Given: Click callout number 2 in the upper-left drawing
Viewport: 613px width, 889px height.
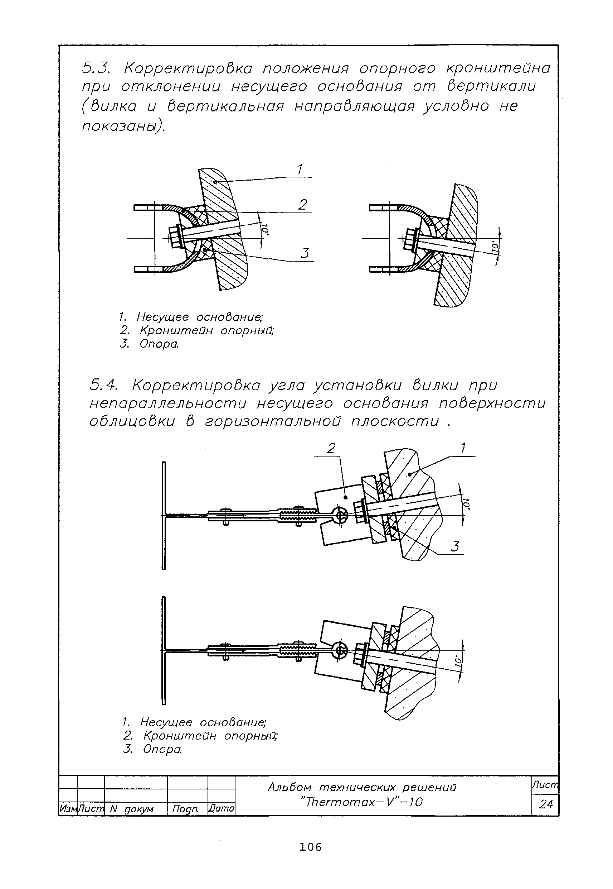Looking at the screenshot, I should [303, 205].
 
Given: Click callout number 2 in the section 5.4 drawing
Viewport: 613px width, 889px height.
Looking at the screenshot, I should [331, 448].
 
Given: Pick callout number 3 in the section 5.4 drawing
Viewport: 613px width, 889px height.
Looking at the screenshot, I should [455, 546].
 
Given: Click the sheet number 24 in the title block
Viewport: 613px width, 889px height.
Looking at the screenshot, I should [545, 804].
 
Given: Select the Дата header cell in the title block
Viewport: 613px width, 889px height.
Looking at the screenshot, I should [221, 808].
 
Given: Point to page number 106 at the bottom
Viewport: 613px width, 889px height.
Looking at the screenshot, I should [311, 847].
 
